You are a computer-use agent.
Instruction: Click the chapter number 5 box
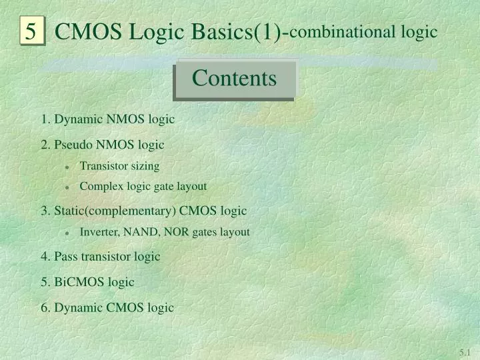click(x=31, y=31)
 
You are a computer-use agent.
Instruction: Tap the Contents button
click(x=234, y=79)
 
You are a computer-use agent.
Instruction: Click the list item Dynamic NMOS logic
click(x=107, y=119)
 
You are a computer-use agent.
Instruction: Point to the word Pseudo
click(x=73, y=145)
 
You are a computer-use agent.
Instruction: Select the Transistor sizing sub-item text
click(x=119, y=166)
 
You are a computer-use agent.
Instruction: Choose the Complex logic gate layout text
click(x=143, y=187)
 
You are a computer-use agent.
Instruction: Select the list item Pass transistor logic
click(x=100, y=257)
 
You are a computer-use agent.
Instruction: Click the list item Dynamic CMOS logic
click(x=107, y=307)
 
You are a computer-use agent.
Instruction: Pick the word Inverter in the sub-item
click(x=99, y=232)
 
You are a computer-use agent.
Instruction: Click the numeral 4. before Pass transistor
click(x=45, y=257)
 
